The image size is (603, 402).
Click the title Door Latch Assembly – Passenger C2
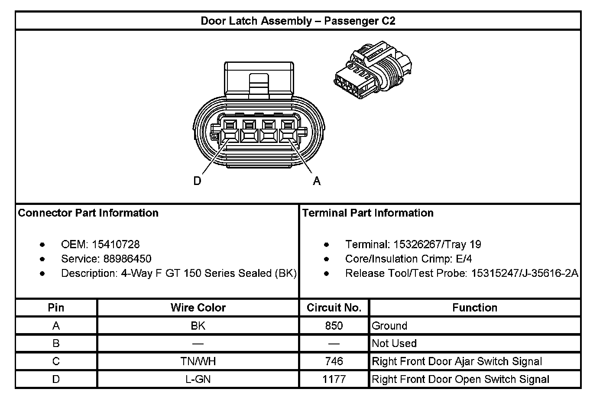point(298,21)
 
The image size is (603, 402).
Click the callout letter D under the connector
point(198,181)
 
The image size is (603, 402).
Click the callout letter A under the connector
point(317,181)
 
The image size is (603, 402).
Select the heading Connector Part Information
point(88,213)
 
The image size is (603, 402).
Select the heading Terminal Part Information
point(368,213)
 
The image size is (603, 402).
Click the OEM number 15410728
point(116,244)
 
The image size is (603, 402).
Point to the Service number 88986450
point(127,259)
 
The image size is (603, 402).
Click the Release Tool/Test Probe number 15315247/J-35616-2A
point(525,273)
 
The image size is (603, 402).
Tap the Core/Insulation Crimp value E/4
point(463,259)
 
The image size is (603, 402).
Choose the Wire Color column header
point(198,308)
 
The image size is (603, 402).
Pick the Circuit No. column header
point(334,308)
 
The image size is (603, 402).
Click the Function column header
point(475,308)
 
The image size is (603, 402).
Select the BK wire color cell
point(198,326)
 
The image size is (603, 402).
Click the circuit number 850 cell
point(334,326)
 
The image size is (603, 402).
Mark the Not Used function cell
point(394,344)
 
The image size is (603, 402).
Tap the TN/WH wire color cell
point(198,361)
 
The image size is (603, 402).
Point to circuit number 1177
point(334,379)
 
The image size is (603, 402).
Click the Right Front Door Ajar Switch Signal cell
point(457,361)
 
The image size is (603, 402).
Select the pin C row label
point(56,361)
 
